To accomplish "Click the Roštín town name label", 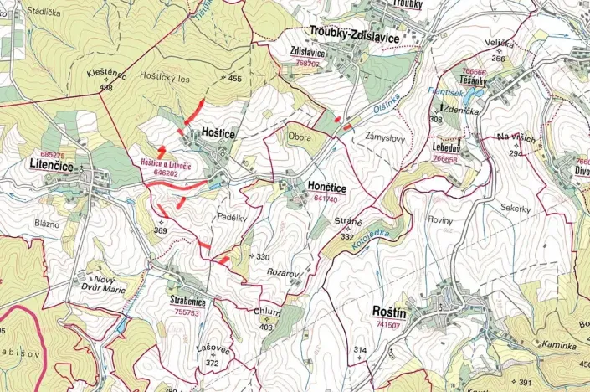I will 390,311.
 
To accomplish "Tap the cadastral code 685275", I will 52,155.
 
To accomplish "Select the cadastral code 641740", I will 326,199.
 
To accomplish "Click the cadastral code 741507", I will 389,324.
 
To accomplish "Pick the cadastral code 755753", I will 186,312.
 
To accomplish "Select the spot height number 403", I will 267,327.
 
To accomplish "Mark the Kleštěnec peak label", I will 106,75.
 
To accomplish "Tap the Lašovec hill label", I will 213,352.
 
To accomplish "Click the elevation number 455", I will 234,79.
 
